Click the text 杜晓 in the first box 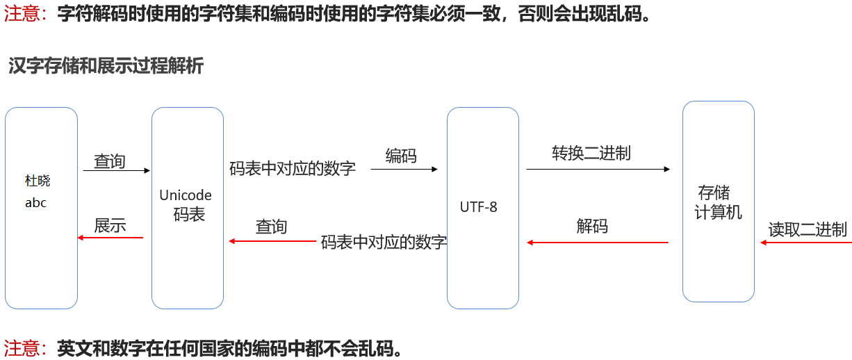coord(38,181)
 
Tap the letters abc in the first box coord(35,203)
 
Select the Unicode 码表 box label coord(186,204)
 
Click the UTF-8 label coord(479,207)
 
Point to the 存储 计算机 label coord(717,202)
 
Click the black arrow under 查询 coord(117,170)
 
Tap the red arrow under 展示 coord(110,238)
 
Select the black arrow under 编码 coord(404,169)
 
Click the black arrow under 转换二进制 coord(598,169)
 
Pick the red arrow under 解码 coord(598,243)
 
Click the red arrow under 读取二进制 coord(806,243)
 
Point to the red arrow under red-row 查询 coord(272,241)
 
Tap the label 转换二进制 coord(591,153)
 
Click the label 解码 coord(592,226)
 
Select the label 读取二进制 coord(808,229)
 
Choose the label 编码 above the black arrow coord(401,156)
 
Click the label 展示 coord(110,225)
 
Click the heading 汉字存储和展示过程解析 coord(106,66)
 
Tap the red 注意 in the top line coord(24,15)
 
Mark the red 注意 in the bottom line coord(24,347)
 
